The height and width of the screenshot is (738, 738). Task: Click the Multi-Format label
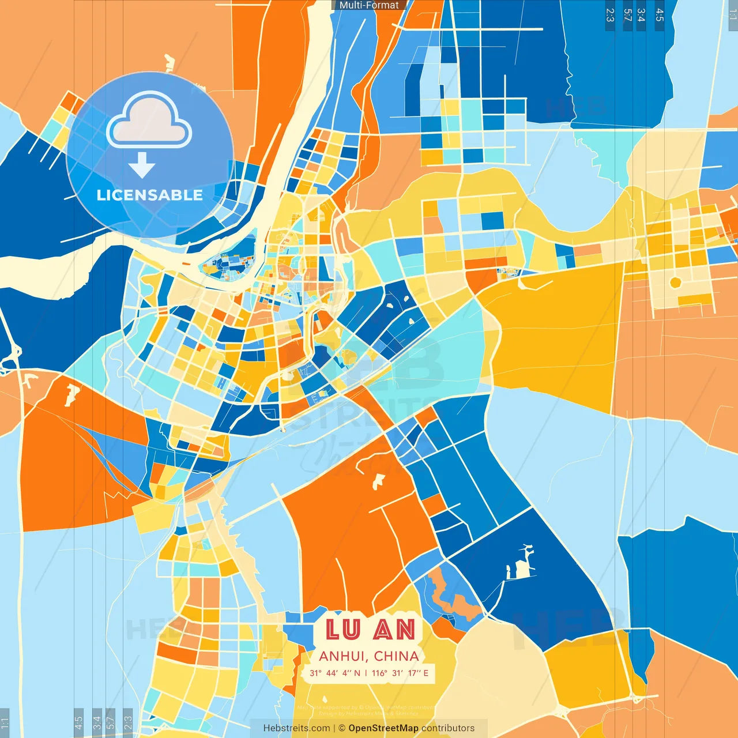coord(369,5)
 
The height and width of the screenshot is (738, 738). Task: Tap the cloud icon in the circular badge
coord(149,122)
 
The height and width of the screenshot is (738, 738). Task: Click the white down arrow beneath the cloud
coord(142,166)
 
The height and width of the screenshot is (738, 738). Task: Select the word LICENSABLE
coord(150,195)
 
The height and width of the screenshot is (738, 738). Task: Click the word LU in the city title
coord(344,630)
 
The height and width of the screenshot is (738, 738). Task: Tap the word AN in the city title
coord(394,630)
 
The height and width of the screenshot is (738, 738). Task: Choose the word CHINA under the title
coord(396,656)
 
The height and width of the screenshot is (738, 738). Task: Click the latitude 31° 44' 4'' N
coord(334,673)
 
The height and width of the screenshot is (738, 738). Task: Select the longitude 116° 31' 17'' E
coord(400,673)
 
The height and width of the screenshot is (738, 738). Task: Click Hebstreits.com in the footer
coord(297,728)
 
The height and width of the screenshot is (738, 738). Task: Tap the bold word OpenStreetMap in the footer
coord(383,728)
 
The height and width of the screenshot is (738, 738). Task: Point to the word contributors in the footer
coord(448,728)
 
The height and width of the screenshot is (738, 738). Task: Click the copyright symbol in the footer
coord(341,728)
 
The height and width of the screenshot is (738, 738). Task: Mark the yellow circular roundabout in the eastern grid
coord(675,283)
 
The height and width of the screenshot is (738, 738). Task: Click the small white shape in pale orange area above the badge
coord(169,62)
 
